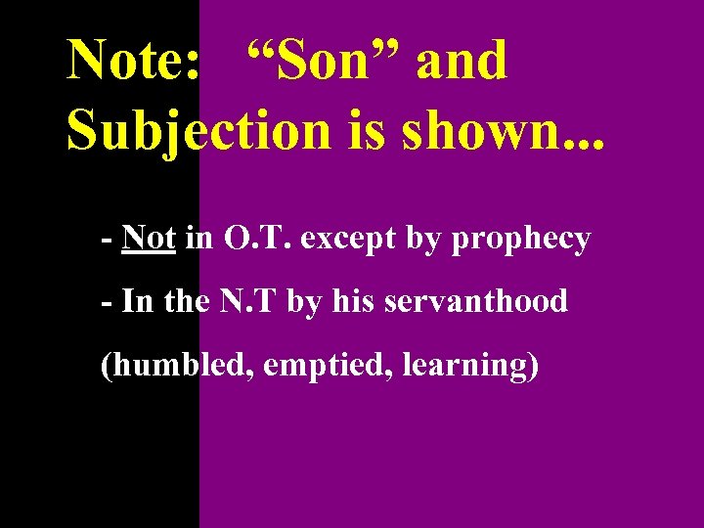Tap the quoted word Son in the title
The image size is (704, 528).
(x=320, y=61)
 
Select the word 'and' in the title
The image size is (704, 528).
(x=462, y=61)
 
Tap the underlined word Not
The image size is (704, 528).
(x=149, y=239)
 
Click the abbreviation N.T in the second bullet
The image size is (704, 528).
(x=249, y=301)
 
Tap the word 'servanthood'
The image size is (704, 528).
(x=476, y=301)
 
